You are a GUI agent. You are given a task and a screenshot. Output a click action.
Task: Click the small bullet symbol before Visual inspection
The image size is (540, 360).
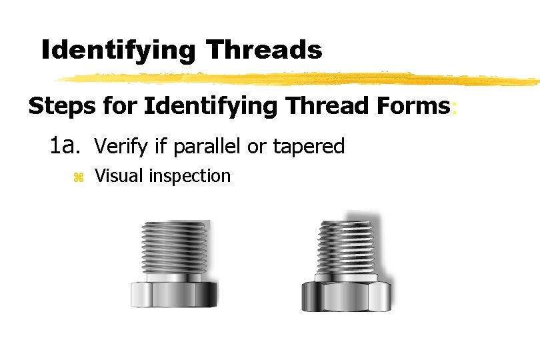[x=77, y=177]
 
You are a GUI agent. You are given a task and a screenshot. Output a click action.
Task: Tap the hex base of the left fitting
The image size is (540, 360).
[x=173, y=293]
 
